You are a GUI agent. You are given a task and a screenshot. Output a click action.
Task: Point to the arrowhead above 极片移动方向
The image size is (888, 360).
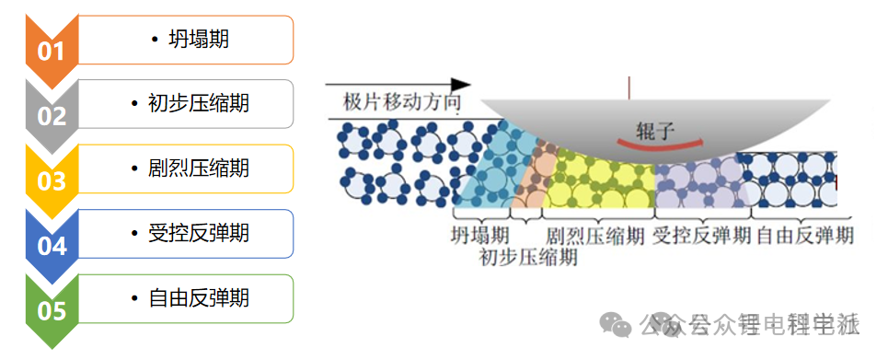[x=458, y=85]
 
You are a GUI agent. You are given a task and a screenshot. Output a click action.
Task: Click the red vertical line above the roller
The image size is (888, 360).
[x=629, y=87]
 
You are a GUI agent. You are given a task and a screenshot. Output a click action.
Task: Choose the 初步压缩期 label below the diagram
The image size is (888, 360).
[x=528, y=257]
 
